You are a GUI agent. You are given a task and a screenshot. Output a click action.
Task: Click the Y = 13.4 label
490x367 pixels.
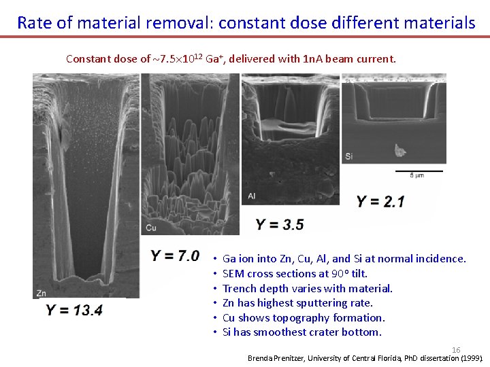pos(74,310)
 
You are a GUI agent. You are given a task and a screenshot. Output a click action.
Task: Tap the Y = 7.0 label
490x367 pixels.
pos(175,256)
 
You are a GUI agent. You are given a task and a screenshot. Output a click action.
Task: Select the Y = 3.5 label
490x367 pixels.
pos(280,224)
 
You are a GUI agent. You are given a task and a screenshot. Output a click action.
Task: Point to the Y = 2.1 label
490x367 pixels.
pos(380,201)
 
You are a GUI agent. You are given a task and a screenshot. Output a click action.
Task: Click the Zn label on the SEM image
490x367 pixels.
pos(42,294)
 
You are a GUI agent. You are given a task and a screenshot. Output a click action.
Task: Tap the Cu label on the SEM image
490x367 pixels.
pos(151,228)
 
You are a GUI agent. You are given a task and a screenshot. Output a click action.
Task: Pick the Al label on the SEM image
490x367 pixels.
pos(252,196)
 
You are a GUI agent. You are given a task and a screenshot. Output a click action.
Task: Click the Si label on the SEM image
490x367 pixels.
pos(349,156)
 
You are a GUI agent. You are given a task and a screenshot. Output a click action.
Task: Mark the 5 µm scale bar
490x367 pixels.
pos(417,171)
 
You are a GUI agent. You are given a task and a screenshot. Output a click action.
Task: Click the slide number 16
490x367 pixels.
pos(456,349)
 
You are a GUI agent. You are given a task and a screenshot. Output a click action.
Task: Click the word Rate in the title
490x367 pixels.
pos(35,22)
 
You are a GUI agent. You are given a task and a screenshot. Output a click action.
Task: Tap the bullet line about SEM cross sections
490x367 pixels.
pos(295,273)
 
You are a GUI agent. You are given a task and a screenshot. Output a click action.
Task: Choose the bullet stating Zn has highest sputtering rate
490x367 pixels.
pos(297,303)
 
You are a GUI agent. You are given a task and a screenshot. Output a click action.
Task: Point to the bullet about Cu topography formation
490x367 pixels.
pos(304,317)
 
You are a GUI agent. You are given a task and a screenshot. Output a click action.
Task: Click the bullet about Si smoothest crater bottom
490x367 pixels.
pos(301,332)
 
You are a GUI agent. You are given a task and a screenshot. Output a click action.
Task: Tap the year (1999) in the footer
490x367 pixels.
pos(472,357)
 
